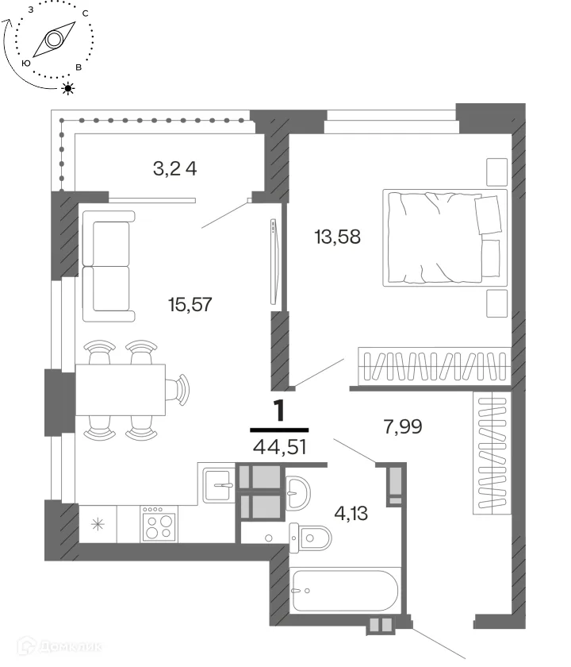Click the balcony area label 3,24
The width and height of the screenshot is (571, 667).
[175, 169]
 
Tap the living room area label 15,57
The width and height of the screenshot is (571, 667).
[190, 305]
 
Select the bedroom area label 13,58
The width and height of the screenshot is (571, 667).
[337, 237]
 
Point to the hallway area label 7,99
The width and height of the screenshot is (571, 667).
[403, 426]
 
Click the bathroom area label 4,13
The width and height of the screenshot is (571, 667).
[351, 514]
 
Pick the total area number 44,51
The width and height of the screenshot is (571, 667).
[279, 447]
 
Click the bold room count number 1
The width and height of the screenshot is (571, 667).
[279, 411]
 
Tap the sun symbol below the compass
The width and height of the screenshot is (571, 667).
[68, 88]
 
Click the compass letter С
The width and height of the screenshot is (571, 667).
[86, 13]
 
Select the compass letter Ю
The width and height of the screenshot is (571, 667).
[26, 64]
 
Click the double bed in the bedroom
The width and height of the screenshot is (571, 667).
[445, 237]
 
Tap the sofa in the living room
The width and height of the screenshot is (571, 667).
[109, 266]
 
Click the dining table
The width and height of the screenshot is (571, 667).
[121, 390]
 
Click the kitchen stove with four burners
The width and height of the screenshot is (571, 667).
[159, 523]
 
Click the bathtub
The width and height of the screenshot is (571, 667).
[345, 591]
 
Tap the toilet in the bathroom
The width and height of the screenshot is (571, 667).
[311, 538]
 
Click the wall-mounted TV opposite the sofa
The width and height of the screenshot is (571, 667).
[274, 261]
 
